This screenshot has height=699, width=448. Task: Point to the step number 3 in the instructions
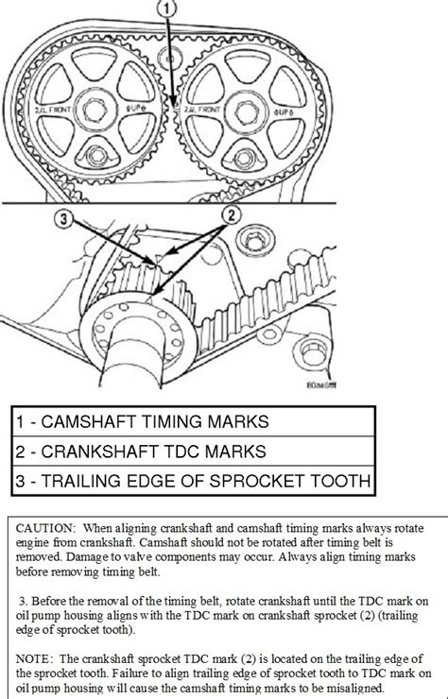pyautogui.click(x=21, y=598)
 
